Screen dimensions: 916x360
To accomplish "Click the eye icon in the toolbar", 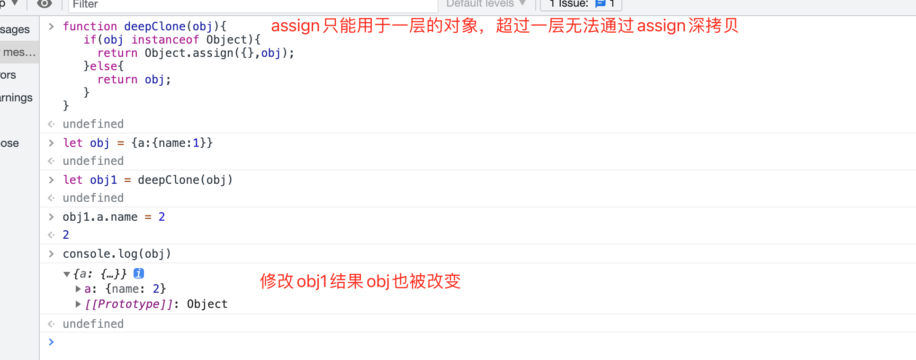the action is [45, 4].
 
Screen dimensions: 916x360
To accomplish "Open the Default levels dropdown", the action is [486, 4].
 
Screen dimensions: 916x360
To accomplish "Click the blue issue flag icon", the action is [600, 4].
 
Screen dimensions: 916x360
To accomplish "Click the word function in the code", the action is [90, 27].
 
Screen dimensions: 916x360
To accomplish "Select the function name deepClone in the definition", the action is [155, 27].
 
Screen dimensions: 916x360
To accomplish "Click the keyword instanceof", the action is [165, 40].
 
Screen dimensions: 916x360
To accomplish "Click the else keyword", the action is [103, 66].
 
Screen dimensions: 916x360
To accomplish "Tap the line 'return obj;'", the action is [134, 80].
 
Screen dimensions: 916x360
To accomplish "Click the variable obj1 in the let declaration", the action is [103, 180].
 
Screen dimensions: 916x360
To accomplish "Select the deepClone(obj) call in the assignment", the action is [185, 180].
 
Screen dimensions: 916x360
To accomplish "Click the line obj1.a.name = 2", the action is [114, 217].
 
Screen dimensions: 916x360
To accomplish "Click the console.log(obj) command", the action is [117, 254].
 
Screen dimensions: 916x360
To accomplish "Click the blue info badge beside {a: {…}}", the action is [139, 273].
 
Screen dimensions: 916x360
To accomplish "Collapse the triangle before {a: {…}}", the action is [67, 274].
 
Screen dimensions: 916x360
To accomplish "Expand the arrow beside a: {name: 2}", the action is [78, 289].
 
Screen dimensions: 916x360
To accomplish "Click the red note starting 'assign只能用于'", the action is [504, 26].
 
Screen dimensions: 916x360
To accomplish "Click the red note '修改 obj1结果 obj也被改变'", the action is [360, 281].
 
